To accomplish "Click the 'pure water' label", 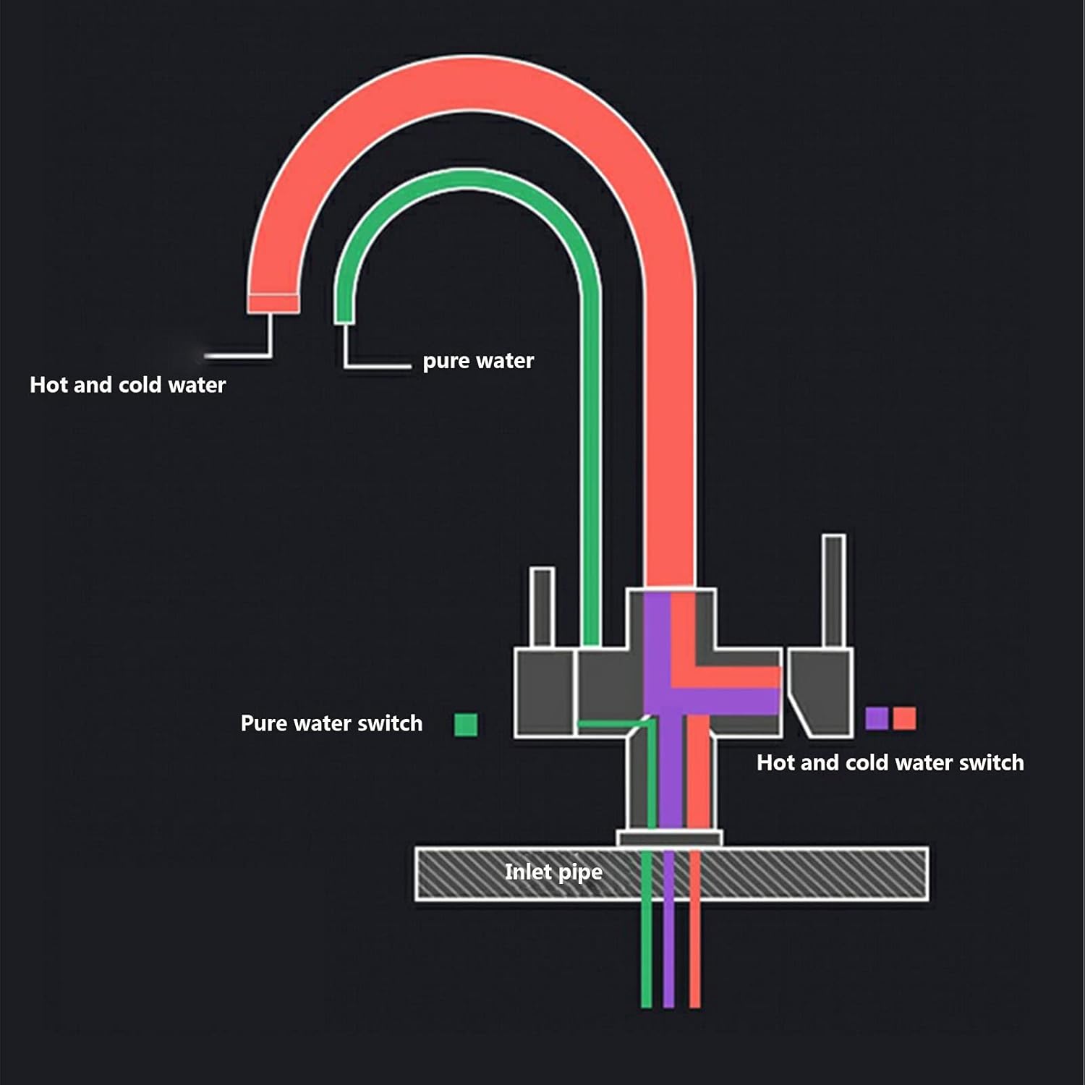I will pos(478,360).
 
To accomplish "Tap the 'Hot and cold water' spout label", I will pos(127,385).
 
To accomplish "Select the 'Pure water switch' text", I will pos(331,723).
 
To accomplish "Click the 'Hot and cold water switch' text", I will pos(890,762).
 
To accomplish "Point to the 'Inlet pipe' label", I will pos(553,872).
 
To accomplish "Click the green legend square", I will pos(466,724).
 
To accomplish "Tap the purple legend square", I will pos(877,718).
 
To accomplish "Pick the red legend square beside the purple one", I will pos(904,718).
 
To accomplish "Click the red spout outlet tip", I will pos(273,304).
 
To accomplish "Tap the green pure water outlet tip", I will pos(344,316).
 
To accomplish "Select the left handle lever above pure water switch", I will pos(542,606).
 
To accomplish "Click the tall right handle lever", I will pos(834,590).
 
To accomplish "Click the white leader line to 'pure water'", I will pos(376,367).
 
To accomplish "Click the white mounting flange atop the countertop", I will pos(669,838).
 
